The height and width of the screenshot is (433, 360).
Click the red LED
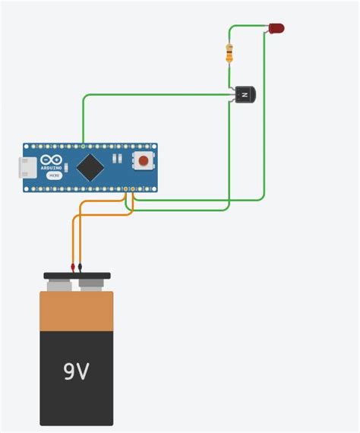click(x=276, y=28)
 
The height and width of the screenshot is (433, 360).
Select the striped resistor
click(x=229, y=52)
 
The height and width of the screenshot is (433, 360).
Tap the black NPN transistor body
click(x=245, y=95)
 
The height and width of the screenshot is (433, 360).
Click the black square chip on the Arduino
click(x=90, y=166)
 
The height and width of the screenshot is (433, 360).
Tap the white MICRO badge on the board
click(x=54, y=175)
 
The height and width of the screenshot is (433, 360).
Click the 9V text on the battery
click(x=76, y=371)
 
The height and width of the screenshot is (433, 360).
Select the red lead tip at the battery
click(x=73, y=267)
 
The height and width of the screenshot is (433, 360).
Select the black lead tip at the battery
click(x=81, y=267)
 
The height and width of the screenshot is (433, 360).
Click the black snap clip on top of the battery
click(x=77, y=276)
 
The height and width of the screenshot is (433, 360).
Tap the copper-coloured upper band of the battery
click(x=77, y=311)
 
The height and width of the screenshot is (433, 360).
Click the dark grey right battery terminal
click(x=91, y=286)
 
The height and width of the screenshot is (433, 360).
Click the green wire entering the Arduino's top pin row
click(x=83, y=129)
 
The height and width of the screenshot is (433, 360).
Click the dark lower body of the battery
click(x=77, y=395)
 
